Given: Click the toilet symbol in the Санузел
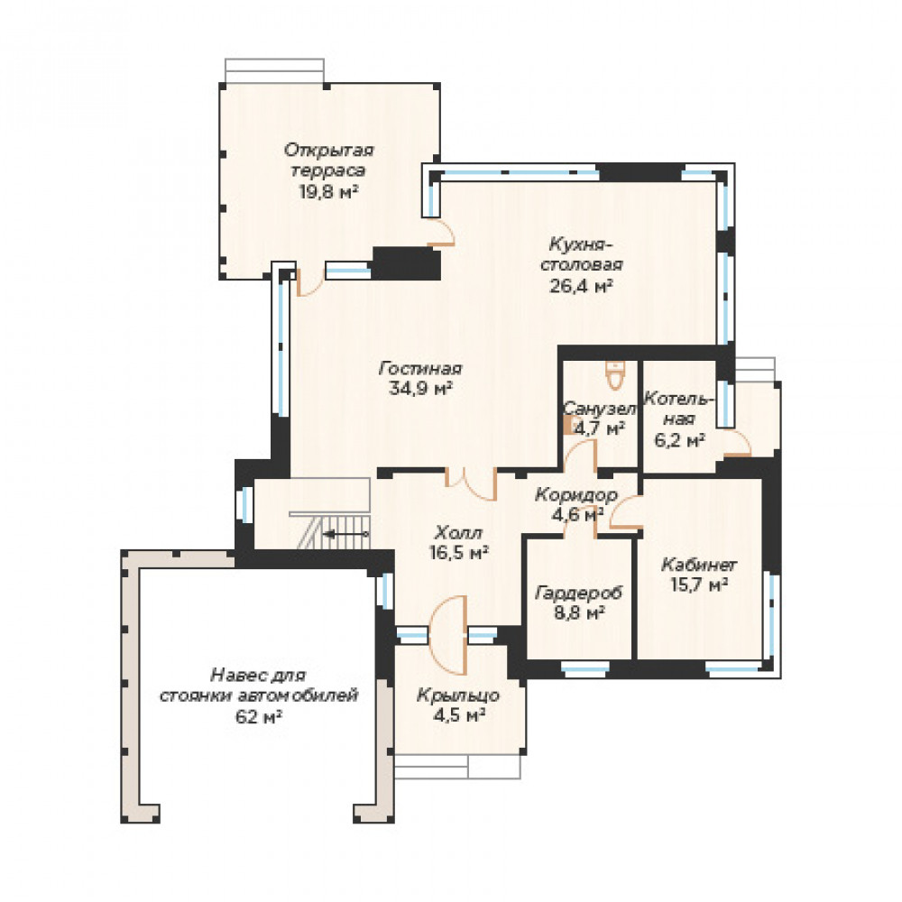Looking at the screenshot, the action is click(615, 375).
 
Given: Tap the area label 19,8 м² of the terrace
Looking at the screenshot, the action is click(328, 191).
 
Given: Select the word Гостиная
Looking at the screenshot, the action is click(420, 368).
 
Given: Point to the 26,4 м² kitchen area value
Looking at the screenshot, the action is click(581, 285).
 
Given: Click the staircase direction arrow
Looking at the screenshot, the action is click(345, 534).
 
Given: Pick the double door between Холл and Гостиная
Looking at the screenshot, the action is click(471, 483).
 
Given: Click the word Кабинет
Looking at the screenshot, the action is click(699, 565).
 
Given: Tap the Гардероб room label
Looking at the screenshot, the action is click(579, 593).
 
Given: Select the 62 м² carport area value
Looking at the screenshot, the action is click(258, 717).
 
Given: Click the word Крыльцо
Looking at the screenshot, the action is click(458, 695).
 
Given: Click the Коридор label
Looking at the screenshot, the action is click(575, 494).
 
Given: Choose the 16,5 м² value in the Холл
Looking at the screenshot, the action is click(458, 553).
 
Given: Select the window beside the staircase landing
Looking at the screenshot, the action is click(246, 504).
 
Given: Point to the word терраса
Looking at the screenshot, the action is click(328, 170).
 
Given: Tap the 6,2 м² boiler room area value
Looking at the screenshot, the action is click(680, 441).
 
